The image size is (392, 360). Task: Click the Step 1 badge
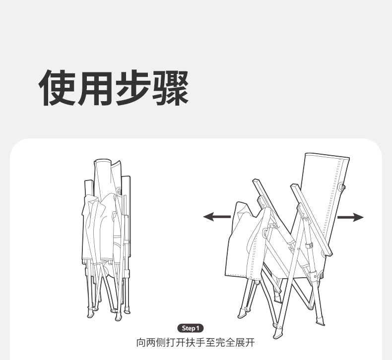pyautogui.click(x=191, y=328)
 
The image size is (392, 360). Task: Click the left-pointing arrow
pyautogui.click(x=217, y=217)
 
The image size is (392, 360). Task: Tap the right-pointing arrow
pyautogui.click(x=350, y=217)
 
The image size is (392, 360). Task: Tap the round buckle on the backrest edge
pyautogui.click(x=342, y=188)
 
